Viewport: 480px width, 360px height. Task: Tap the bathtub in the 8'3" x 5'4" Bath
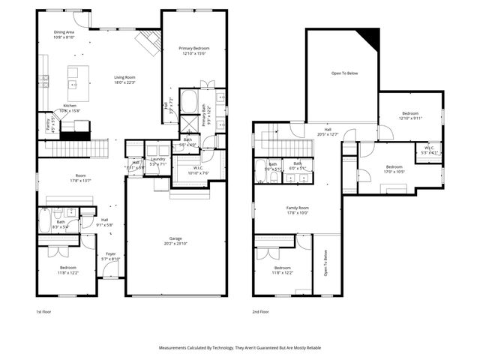click(x=46, y=221)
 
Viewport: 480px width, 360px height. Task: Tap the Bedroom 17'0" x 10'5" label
click(x=394, y=169)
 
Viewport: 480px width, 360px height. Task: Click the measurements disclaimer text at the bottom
click(x=239, y=348)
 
